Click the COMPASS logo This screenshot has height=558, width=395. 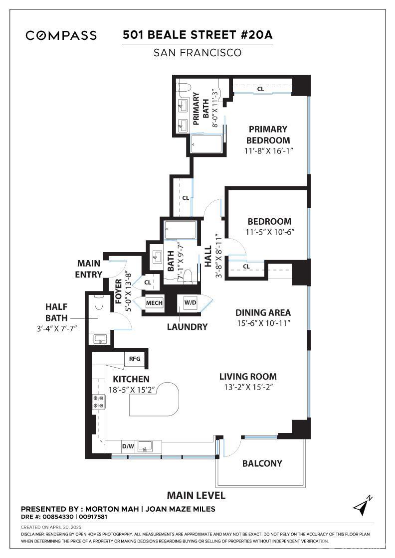pyautogui.click(x=61, y=35)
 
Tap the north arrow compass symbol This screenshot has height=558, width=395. pyautogui.click(x=363, y=506)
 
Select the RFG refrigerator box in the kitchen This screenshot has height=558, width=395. pyautogui.click(x=135, y=358)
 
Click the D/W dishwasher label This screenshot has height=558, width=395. pyautogui.click(x=128, y=446)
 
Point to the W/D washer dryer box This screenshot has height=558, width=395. pyautogui.click(x=190, y=303)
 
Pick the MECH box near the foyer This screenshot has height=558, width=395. pyautogui.click(x=153, y=303)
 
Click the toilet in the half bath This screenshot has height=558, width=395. pyautogui.click(x=98, y=302)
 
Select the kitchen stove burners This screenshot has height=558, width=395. pyautogui.click(x=97, y=402)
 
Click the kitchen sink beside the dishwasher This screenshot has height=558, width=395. pyautogui.click(x=146, y=446)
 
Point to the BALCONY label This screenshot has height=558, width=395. pyautogui.click(x=262, y=463)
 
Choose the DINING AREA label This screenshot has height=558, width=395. pyautogui.click(x=263, y=313)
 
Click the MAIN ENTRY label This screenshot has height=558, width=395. pyautogui.click(x=88, y=269)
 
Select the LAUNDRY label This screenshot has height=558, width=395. pyautogui.click(x=187, y=327)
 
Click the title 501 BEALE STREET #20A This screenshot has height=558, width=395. pyautogui.click(x=197, y=35)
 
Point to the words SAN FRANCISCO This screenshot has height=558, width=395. pyautogui.click(x=197, y=52)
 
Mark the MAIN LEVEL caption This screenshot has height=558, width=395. pyautogui.click(x=196, y=495)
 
